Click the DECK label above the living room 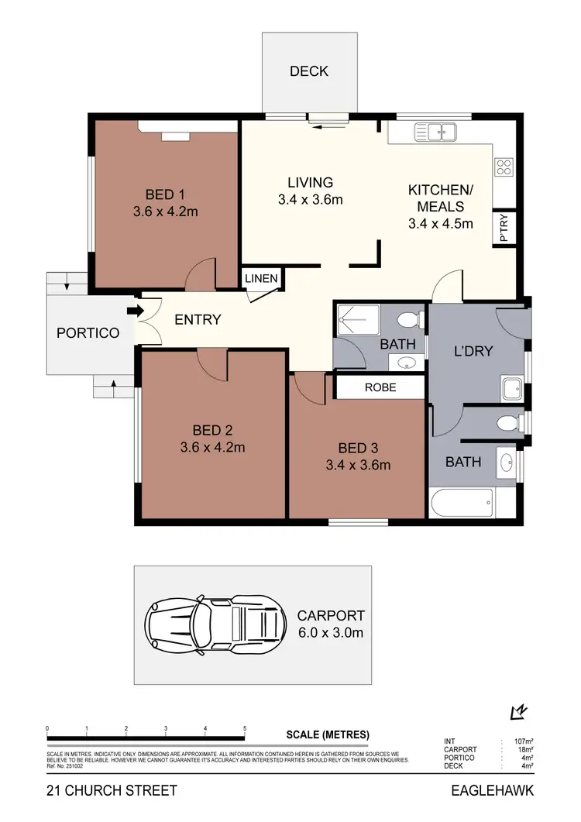(309, 71)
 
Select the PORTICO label (88, 333)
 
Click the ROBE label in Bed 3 (380, 387)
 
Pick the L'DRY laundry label (473, 351)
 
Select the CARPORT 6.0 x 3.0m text (331, 624)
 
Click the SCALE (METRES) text (328, 734)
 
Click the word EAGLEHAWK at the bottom (492, 791)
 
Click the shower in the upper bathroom (359, 320)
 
